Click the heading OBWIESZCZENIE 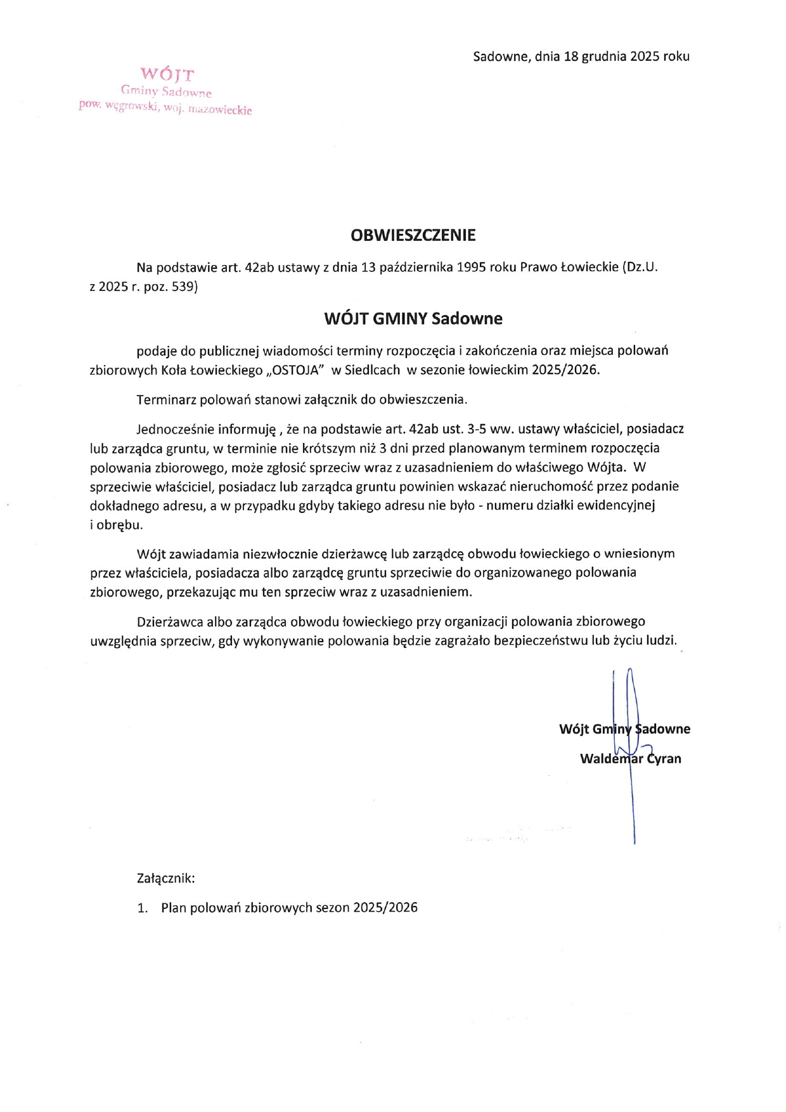pyautogui.click(x=413, y=235)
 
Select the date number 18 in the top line pyautogui.click(x=571, y=56)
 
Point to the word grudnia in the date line pyautogui.click(x=605, y=56)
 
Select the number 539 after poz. pyautogui.click(x=184, y=287)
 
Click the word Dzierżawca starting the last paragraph pyautogui.click(x=168, y=621)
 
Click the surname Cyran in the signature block pyautogui.click(x=664, y=759)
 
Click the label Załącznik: pyautogui.click(x=165, y=879)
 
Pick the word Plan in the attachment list pyautogui.click(x=174, y=908)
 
